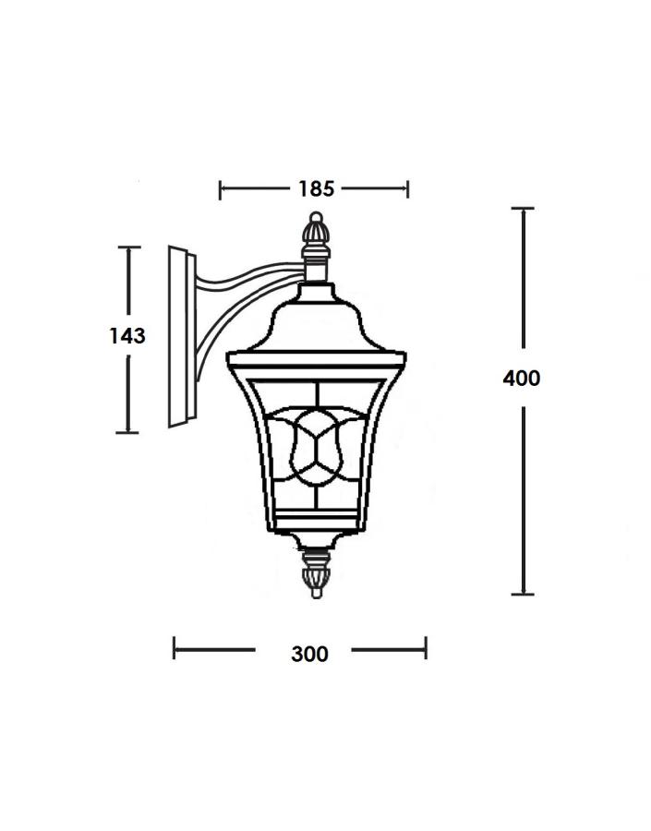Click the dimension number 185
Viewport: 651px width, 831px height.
(x=316, y=188)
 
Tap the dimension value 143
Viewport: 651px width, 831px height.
(x=127, y=335)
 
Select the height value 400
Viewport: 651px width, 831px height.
(x=522, y=379)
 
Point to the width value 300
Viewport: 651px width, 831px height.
(x=309, y=654)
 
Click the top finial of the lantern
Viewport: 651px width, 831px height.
(x=316, y=235)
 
